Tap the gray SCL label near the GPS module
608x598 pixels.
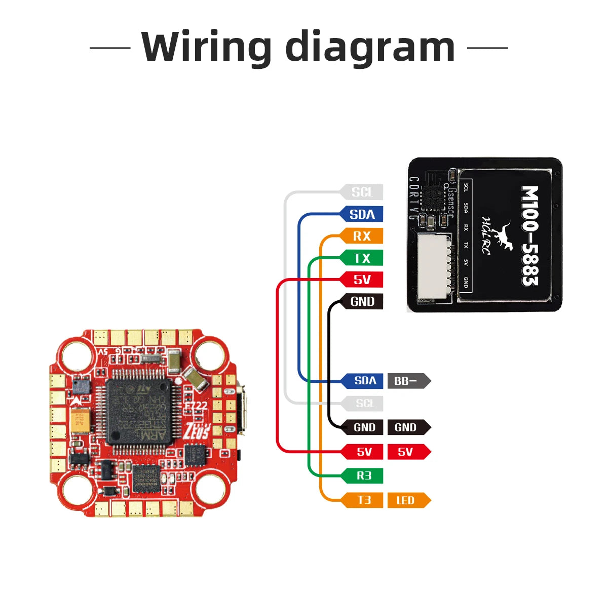point(362,192)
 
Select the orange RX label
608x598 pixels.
point(362,236)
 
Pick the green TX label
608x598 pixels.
point(362,258)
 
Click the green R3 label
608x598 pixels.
point(364,475)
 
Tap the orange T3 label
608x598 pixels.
point(364,500)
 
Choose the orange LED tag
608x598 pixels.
point(407,500)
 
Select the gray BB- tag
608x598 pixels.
point(407,381)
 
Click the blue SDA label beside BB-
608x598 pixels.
point(364,381)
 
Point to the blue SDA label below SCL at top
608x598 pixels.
point(362,214)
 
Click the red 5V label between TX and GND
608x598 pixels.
point(362,280)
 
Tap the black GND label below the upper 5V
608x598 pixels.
point(362,302)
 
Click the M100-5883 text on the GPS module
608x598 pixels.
point(530,235)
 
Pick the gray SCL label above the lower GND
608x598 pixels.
point(364,404)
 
